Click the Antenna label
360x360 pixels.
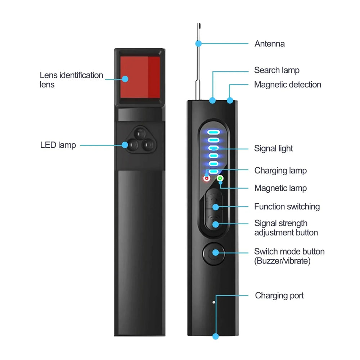(x=269, y=44)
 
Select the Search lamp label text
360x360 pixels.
(x=276, y=70)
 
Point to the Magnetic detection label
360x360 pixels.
(x=287, y=85)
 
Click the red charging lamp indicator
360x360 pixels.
(x=207, y=178)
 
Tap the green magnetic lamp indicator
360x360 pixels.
(x=220, y=178)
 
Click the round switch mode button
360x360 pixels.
(x=213, y=252)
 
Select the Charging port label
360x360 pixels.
(x=279, y=296)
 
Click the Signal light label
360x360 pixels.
(x=273, y=148)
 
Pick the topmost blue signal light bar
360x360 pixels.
(x=213, y=132)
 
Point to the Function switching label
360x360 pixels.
(x=287, y=207)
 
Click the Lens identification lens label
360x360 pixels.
(x=71, y=80)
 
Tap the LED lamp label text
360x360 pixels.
(x=58, y=145)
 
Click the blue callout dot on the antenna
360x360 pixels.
(x=198, y=44)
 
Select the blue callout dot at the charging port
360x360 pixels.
(x=215, y=336)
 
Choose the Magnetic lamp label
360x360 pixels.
(x=280, y=188)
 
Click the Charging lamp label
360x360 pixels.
(x=280, y=170)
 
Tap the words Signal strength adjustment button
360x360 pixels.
(x=286, y=228)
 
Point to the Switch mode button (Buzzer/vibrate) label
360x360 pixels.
(x=289, y=256)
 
